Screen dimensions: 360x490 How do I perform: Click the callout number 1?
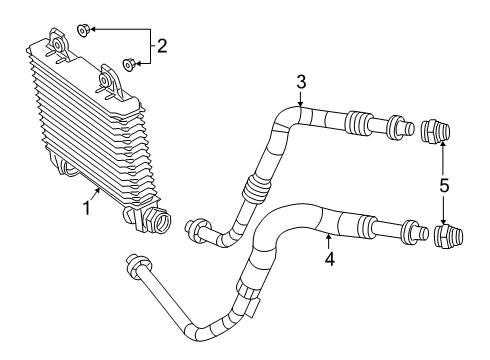pos(87,207)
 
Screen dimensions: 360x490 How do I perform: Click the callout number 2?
pos(160,44)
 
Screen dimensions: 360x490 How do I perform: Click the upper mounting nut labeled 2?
pos(85,29)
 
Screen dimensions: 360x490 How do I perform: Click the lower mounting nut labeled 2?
pos(129,65)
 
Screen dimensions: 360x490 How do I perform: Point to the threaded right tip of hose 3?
pos(405,128)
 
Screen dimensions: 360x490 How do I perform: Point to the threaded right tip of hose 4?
pos(407,232)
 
